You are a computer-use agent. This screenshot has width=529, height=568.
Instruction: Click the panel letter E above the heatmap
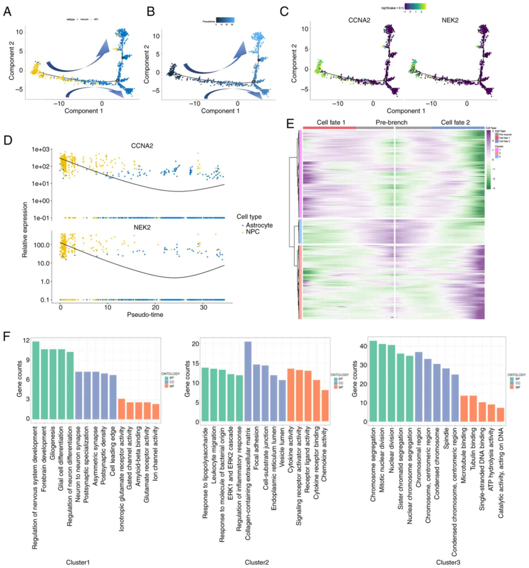[290, 124]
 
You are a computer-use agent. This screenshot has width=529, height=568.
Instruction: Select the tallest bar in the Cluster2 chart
[248, 381]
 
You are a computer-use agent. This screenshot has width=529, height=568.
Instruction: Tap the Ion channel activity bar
[156, 411]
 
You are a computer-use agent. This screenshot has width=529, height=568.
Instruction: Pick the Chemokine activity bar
[325, 406]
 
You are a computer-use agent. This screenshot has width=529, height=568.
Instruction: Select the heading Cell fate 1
[331, 122]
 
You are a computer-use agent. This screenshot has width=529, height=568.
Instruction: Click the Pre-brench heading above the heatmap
[391, 122]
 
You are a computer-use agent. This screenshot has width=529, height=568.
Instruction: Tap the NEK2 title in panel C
[450, 20]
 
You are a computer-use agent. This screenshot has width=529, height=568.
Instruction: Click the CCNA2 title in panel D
[142, 146]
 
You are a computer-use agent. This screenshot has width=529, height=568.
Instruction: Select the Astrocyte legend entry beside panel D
[259, 225]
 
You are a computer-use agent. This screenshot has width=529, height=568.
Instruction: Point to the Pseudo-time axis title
[145, 314]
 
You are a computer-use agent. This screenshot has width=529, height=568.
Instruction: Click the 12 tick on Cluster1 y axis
[27, 340]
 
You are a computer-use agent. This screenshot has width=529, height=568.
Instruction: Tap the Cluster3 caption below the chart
[448, 562]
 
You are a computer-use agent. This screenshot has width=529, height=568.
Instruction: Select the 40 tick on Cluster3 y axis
[362, 346]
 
